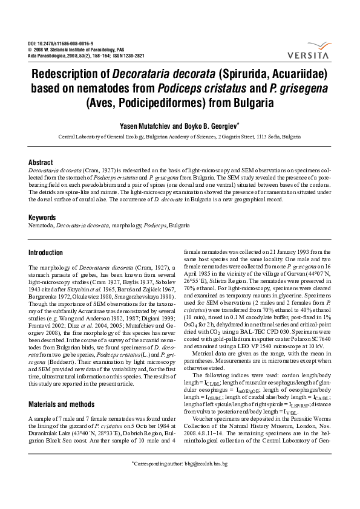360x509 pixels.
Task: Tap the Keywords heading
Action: click(44, 217)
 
